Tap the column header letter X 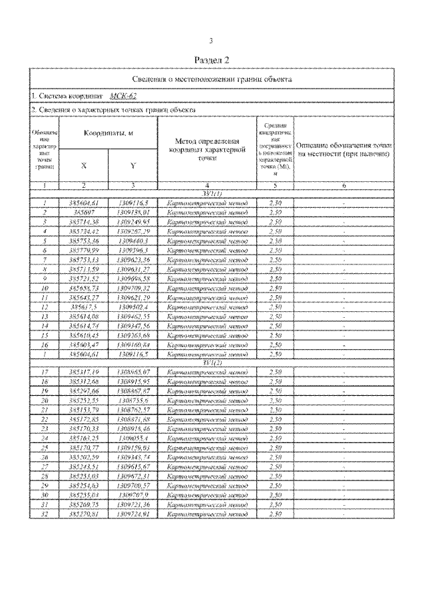pos(83,165)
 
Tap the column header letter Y pos(133,165)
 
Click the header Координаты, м pos(108,133)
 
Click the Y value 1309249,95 pos(133,221)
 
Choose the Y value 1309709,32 pos(133,287)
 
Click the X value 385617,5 pos(83,306)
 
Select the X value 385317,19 pos(83,371)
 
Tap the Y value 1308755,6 pos(133,400)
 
